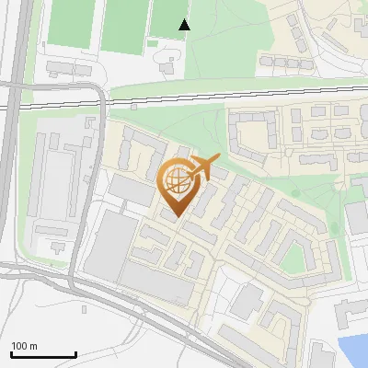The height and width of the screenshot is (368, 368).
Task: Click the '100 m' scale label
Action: click(25, 346)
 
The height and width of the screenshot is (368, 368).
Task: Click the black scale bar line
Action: click(43, 354)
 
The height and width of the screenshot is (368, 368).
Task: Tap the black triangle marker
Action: click(185, 24)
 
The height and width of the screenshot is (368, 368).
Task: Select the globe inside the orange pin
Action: click(177, 181)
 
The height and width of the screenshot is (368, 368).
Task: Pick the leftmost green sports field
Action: click(70, 22)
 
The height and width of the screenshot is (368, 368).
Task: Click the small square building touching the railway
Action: click(134, 105)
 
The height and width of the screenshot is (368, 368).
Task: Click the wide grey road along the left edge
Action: click(9, 138)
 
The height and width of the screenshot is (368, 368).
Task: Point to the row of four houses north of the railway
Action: click(281, 62)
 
